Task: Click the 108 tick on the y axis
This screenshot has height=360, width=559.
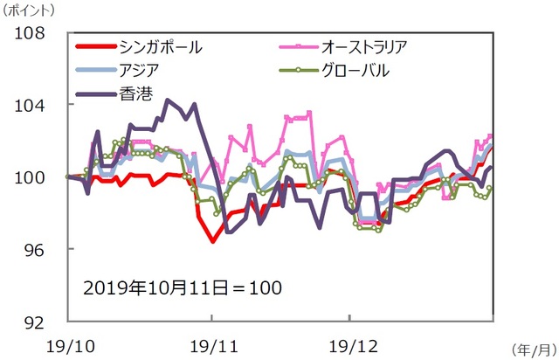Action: (38, 33)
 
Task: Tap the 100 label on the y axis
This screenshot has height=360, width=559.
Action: (38, 177)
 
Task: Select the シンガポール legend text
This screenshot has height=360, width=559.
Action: (160, 46)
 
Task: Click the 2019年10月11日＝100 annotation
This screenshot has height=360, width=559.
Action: (182, 286)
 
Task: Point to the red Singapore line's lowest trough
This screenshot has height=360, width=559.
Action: (211, 241)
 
